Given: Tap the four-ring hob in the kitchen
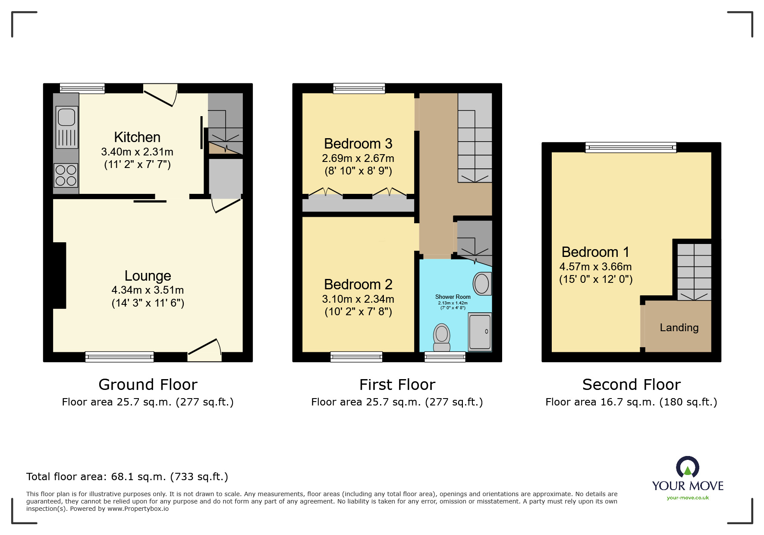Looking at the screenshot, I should [66, 175].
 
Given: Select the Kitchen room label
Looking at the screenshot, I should [137, 137].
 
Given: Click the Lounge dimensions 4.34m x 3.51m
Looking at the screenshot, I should [148, 290].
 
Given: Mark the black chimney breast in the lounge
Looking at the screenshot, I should [59, 275].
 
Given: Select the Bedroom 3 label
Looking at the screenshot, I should [358, 144].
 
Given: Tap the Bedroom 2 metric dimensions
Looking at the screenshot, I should [358, 299].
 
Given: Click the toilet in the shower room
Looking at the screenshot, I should [442, 337].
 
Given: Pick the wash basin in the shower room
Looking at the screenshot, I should [481, 284].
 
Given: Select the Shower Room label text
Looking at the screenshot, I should [453, 297].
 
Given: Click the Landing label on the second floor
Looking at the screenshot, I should [679, 328].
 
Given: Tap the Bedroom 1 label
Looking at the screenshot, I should [595, 252].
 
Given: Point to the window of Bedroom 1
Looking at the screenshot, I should [631, 148].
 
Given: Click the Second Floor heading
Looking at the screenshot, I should [631, 384].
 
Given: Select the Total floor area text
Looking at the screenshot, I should [127, 477].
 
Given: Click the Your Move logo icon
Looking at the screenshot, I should [688, 467].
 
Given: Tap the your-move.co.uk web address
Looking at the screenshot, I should [688, 498].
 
